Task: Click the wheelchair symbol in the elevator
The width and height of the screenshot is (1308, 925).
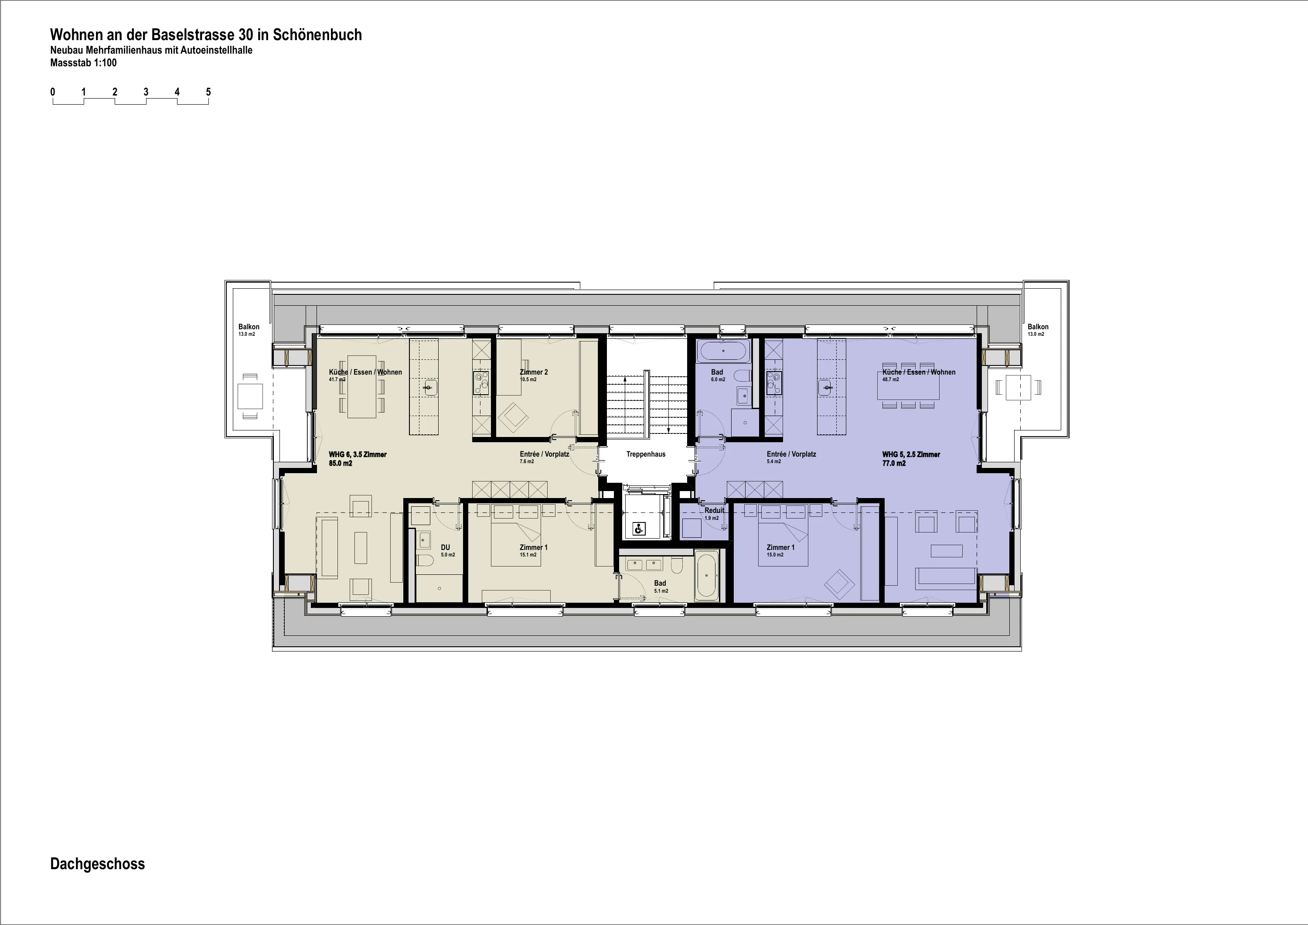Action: pos(639,529)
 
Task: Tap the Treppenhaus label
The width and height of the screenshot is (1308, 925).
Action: pos(646,454)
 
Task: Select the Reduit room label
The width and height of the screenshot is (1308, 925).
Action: pos(715,510)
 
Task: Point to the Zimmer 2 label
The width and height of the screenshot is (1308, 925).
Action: pos(534,372)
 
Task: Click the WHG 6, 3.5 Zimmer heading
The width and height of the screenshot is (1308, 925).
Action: pos(358,454)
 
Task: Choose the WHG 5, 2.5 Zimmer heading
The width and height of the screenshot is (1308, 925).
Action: pos(911,454)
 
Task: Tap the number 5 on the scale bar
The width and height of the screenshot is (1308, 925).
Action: pos(208,92)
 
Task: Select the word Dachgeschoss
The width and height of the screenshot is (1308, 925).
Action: pos(97,864)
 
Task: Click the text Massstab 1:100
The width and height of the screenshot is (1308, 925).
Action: pos(83,63)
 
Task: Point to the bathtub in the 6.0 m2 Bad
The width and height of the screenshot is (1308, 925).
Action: pos(723,351)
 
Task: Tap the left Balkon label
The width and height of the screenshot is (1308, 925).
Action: pos(249,327)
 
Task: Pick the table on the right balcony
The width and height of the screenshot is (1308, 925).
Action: pos(1018,388)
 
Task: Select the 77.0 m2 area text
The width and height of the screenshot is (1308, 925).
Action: pos(894,463)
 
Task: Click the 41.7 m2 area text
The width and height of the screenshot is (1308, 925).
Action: pos(337,379)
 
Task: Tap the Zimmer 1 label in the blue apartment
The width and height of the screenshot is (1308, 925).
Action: pos(780,547)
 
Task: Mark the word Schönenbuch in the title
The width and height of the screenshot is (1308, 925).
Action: pos(317,35)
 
